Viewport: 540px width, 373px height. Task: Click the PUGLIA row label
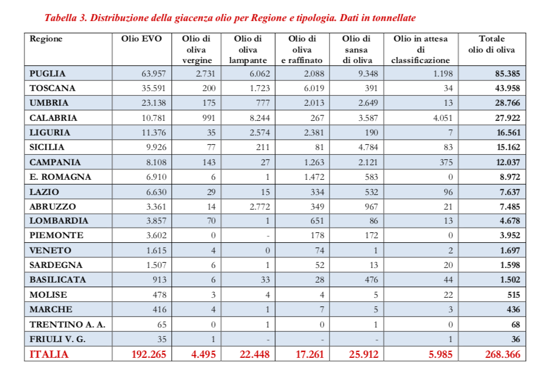coord(48,74)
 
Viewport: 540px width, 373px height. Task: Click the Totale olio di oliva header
coord(491,44)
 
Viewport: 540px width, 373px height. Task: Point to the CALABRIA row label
coord(54,118)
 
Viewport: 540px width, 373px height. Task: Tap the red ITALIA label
coord(49,354)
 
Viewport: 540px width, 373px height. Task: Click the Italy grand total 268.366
coord(498,354)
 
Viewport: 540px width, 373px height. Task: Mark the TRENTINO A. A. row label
coord(67,324)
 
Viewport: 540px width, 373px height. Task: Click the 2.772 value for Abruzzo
coord(256,207)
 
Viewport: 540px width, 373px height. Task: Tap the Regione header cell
coord(46,39)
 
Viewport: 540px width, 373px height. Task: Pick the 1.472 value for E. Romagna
coord(310,177)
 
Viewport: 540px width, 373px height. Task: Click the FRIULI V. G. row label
coord(60,339)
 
